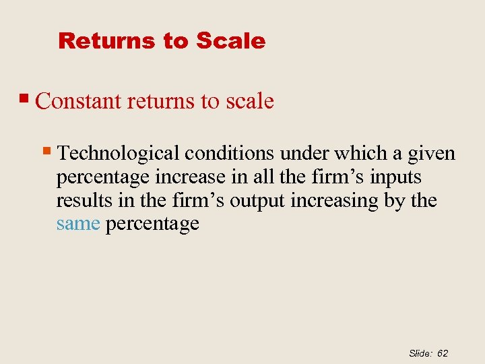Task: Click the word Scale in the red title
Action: (x=231, y=41)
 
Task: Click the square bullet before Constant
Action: (x=27, y=99)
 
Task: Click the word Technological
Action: (x=119, y=154)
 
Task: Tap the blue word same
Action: (x=78, y=224)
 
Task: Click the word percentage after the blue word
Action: (x=152, y=224)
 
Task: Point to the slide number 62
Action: (x=443, y=353)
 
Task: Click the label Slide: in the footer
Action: (x=420, y=353)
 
